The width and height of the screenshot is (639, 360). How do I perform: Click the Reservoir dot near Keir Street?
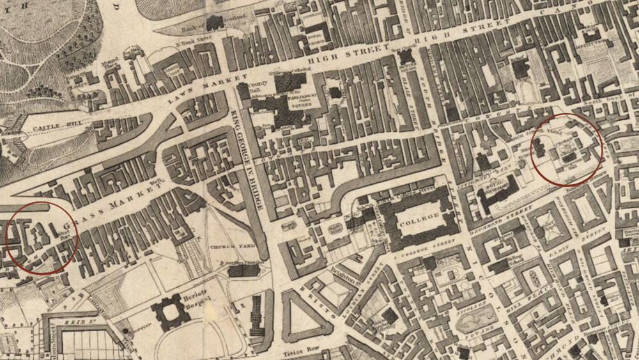126,329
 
